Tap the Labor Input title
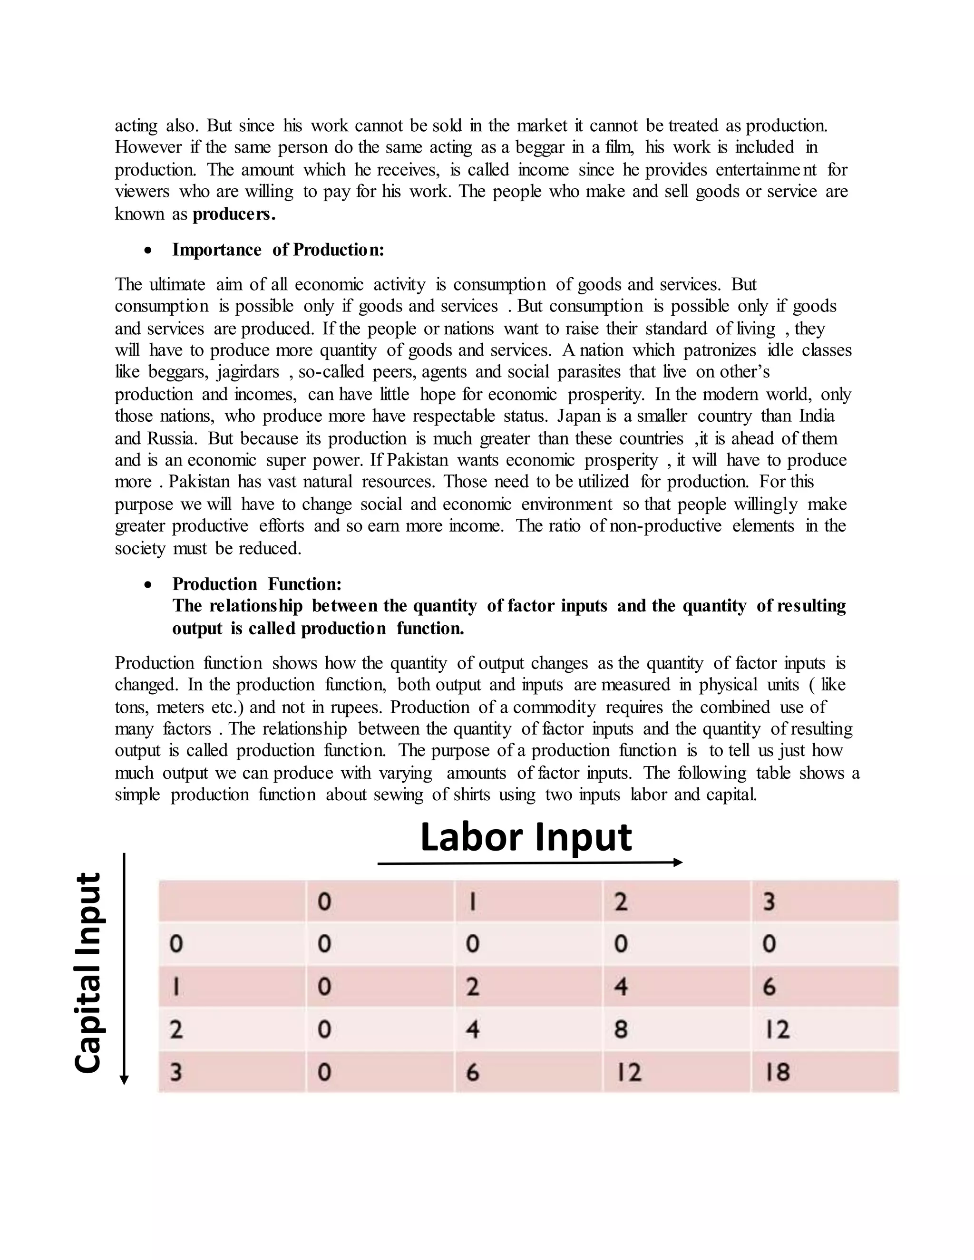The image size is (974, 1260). coord(526,837)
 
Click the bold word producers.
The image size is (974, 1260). coord(234,214)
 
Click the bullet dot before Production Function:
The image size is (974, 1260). coord(149,585)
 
